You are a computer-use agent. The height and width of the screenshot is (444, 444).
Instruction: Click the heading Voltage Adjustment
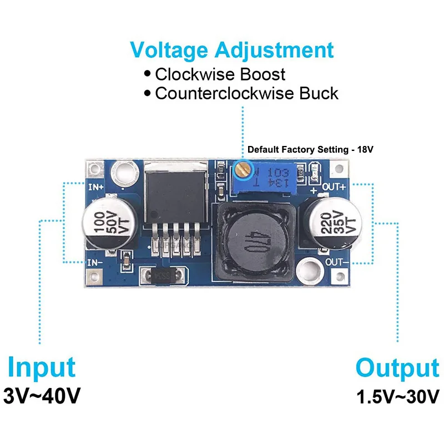[232, 50]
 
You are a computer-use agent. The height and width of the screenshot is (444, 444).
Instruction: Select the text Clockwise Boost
[220, 74]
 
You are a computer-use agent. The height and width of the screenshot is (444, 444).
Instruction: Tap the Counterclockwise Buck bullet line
[246, 93]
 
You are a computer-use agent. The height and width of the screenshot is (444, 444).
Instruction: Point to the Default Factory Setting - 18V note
[311, 150]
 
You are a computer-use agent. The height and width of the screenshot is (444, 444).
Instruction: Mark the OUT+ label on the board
[335, 187]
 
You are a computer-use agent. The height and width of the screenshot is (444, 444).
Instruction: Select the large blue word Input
[42, 368]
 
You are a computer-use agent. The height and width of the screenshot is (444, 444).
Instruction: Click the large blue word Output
[397, 369]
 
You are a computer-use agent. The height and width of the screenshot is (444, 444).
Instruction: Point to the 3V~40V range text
[42, 396]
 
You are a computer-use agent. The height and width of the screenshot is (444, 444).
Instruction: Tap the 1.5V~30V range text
[397, 397]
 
